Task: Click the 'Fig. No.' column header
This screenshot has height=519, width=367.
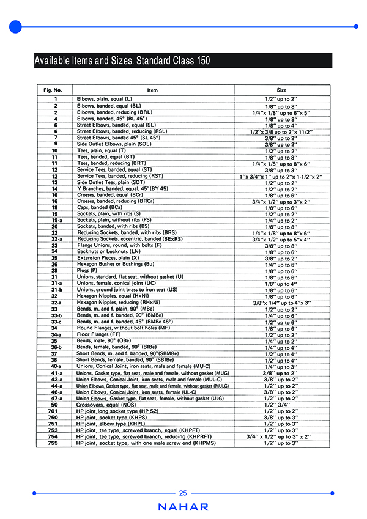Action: (x=55, y=89)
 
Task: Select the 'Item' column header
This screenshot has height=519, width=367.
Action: (x=152, y=89)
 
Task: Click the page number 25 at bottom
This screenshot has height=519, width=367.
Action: (x=183, y=493)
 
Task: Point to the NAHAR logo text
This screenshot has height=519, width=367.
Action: (x=183, y=507)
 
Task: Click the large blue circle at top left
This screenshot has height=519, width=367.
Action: (x=16, y=26)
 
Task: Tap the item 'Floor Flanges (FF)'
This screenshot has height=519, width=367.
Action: (x=97, y=335)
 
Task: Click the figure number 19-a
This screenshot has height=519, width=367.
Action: (x=55, y=220)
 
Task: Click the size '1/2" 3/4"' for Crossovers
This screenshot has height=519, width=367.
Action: (x=281, y=404)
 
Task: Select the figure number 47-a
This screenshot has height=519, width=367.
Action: (x=55, y=398)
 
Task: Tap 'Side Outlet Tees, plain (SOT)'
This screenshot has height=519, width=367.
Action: (x=111, y=182)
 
